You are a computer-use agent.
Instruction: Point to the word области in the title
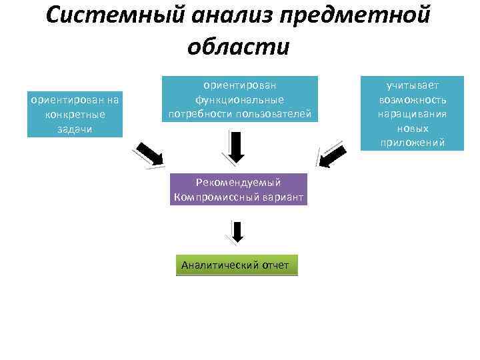coord(239,47)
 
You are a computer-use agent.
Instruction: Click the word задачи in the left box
coord(75,129)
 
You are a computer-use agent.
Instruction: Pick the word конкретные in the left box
coord(75,115)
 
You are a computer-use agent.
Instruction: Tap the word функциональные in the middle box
coord(239,99)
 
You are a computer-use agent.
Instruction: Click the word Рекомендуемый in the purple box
coord(239,182)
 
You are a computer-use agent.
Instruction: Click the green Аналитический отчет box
coord(236,265)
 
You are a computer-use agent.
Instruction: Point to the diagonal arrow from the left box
coord(149,153)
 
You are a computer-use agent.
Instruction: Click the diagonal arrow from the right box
coord(331,153)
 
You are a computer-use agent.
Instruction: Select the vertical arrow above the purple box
coord(237,147)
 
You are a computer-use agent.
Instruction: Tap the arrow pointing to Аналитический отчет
coord(237,231)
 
